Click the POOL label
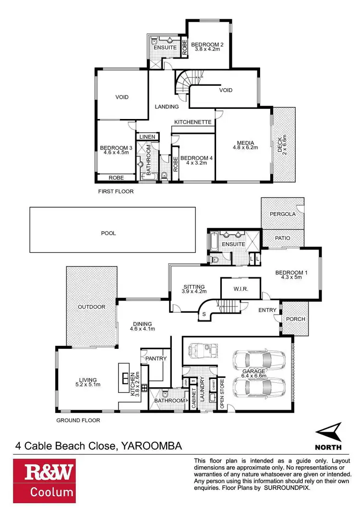coord(109,234)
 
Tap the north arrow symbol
coord(328,433)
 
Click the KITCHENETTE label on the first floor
coord(193,122)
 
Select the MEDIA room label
coord(245,142)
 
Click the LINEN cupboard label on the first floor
coord(147,137)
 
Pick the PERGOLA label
coord(282,214)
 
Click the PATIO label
coord(282,237)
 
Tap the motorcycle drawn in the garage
coord(200,349)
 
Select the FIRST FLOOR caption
coord(115,191)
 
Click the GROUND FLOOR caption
coord(79,420)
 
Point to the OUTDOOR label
coord(92,307)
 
